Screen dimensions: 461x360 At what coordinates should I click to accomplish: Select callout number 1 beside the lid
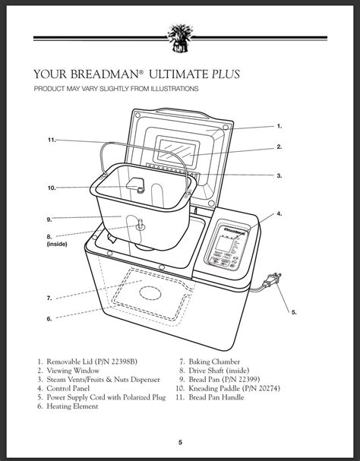tap(279, 126)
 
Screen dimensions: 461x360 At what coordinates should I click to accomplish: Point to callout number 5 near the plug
tap(294, 312)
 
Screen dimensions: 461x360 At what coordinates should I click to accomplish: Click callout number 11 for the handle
tap(51, 141)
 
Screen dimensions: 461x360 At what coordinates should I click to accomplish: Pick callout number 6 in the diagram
tap(49, 319)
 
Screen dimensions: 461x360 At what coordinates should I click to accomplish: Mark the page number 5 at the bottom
tap(180, 442)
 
